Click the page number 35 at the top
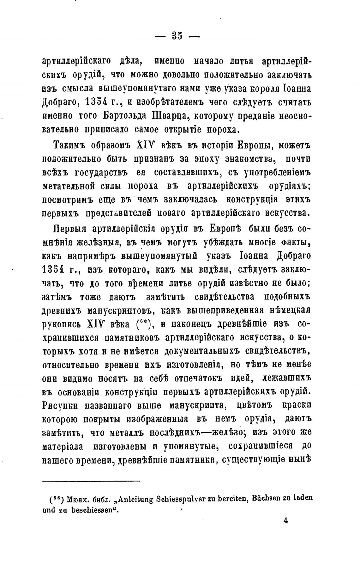[x=177, y=36]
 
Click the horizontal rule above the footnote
[x=91, y=481]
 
